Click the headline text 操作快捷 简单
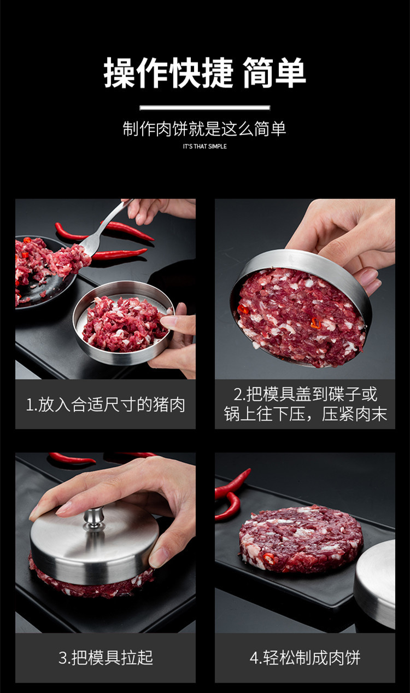204,73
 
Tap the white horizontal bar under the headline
205,108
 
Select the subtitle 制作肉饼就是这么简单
204,129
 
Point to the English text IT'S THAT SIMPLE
204,147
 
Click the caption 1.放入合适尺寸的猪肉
106,404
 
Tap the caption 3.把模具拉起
106,657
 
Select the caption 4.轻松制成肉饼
305,657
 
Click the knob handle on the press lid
94,519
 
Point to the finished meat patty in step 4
301,539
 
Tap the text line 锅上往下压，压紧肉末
305,414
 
